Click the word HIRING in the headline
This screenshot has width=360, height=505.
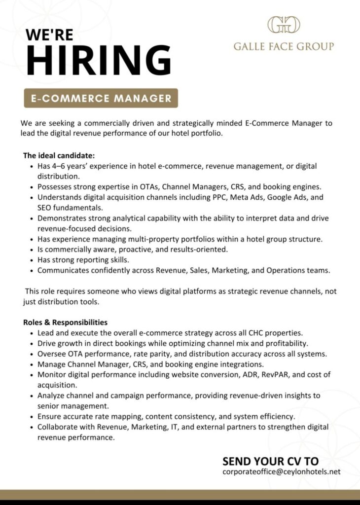pyautogui.click(x=99, y=61)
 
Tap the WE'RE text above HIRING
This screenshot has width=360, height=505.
pyautogui.click(x=50, y=35)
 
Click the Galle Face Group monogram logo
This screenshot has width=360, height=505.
pyautogui.click(x=284, y=25)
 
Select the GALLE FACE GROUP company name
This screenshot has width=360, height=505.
pyautogui.click(x=284, y=47)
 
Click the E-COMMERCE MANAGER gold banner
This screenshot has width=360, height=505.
pyautogui.click(x=101, y=98)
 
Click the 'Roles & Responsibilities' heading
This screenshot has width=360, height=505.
pyautogui.click(x=65, y=322)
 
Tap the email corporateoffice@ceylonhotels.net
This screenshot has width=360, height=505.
pyautogui.click(x=281, y=471)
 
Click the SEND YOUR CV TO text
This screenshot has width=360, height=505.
pyautogui.click(x=270, y=461)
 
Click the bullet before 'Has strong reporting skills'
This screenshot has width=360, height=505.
pyautogui.click(x=32, y=260)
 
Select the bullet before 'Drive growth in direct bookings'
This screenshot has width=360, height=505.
pyautogui.click(x=32, y=343)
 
